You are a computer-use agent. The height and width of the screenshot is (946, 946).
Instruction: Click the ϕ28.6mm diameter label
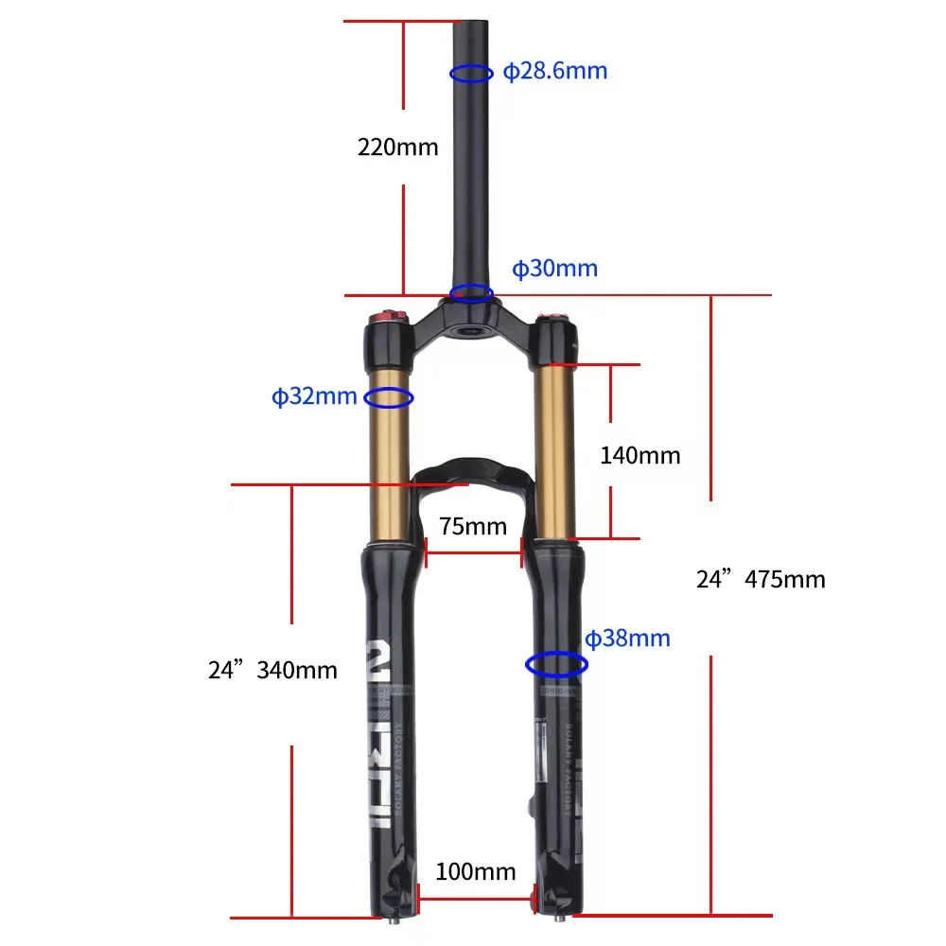coord(554,71)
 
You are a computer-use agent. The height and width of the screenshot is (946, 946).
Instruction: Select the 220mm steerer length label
coord(397,147)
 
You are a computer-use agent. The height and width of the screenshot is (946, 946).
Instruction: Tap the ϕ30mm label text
coord(554,269)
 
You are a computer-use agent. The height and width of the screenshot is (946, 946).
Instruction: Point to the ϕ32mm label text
coord(314,396)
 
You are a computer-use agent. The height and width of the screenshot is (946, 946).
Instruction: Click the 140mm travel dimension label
coord(639,455)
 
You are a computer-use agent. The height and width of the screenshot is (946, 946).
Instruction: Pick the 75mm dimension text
coord(473,526)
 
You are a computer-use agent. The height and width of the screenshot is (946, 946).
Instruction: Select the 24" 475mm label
coord(761,579)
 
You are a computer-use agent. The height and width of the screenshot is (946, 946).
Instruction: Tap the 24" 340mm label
coord(272,670)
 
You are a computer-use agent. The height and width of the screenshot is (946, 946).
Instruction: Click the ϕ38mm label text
coord(626,639)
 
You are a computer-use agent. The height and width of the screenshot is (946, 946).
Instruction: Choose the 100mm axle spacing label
coord(476,871)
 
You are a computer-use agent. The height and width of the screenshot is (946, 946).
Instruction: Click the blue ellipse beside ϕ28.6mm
coord(470,73)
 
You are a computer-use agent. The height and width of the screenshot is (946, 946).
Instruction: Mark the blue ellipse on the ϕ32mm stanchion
coord(389,398)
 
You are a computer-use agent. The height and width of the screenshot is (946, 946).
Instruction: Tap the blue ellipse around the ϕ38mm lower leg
coord(555,665)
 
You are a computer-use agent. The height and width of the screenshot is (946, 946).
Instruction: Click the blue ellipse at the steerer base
coord(470,292)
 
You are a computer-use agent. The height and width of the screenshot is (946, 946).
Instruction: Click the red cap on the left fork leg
coord(386,316)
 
